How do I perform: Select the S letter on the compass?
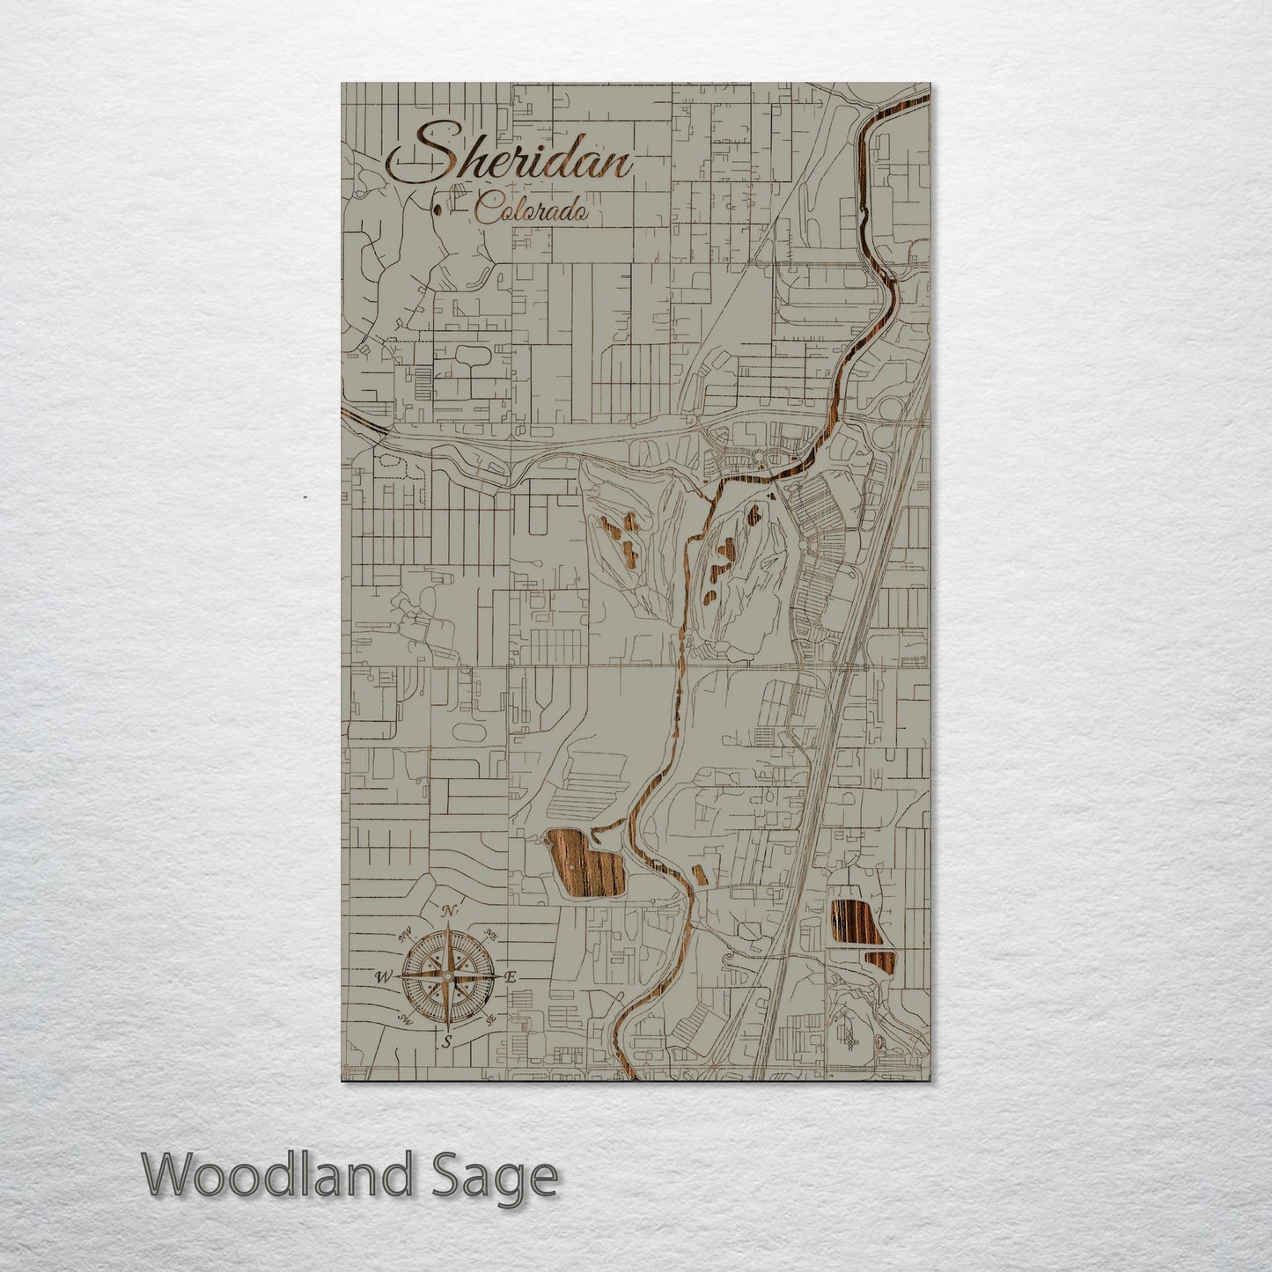click(447, 1041)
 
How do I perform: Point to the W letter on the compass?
click(385, 977)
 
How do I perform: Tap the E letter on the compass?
click(511, 977)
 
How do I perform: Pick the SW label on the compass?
click(406, 1019)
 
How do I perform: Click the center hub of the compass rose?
click(448, 977)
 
